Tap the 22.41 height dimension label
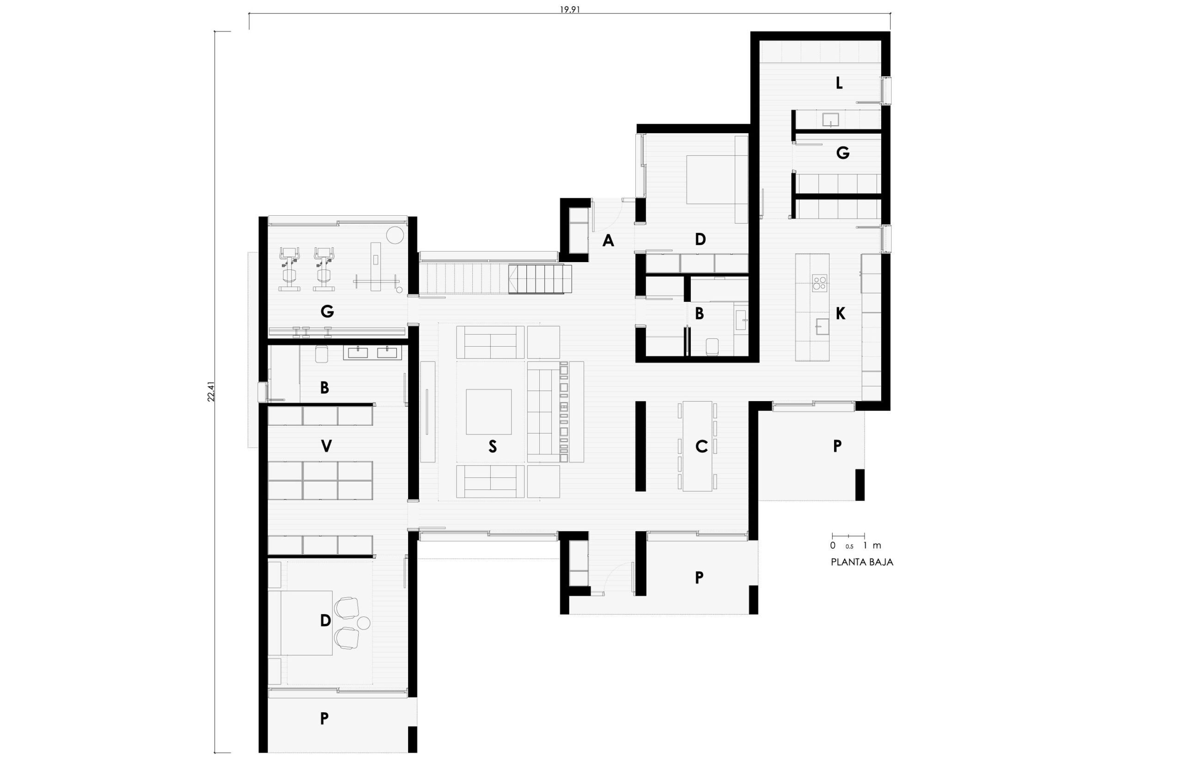pos(211,391)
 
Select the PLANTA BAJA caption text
pos(862,562)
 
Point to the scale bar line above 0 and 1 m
pos(848,536)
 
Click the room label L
pos(839,83)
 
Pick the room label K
pos(840,314)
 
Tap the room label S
pos(493,446)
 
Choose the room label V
pos(326,446)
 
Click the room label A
pos(608,241)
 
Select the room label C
pos(701,446)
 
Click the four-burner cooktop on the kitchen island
pos(820,283)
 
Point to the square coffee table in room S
pos(488,412)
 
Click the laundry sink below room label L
pos(830,120)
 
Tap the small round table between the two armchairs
pos(363,623)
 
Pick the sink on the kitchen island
pos(822,327)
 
